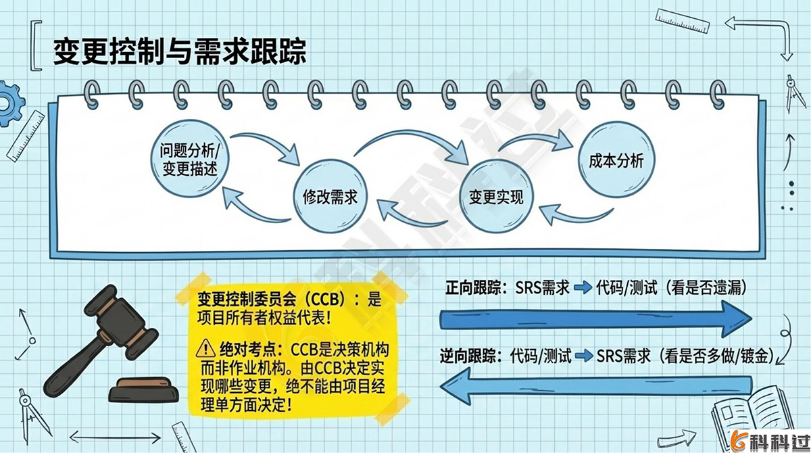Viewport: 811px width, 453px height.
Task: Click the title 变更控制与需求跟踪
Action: click(x=179, y=51)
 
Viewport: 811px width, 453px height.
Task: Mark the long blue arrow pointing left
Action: click(x=595, y=385)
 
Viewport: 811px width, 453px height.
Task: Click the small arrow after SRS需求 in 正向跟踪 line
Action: click(x=583, y=289)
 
